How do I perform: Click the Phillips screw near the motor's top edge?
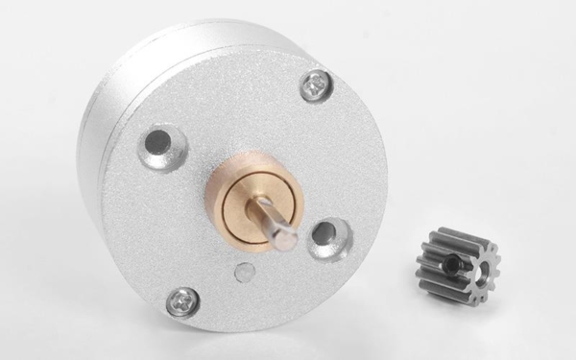pos(316,85)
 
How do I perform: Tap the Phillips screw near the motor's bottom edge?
pos(182,302)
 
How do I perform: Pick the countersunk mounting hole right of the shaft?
pos(328,234)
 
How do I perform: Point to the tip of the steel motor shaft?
pos(285,239)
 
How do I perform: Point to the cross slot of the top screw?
pos(316,85)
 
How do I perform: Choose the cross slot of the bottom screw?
pos(182,302)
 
